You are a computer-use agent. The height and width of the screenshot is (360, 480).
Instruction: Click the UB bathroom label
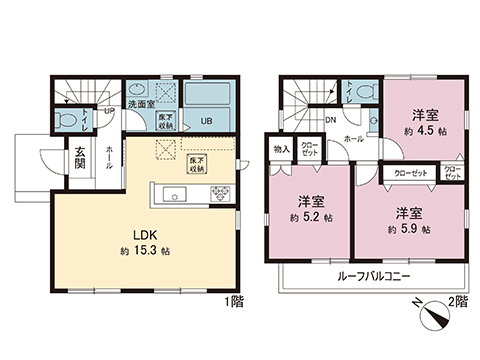(x=206, y=122)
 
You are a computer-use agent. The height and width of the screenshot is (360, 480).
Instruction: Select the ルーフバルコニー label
(x=363, y=275)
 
